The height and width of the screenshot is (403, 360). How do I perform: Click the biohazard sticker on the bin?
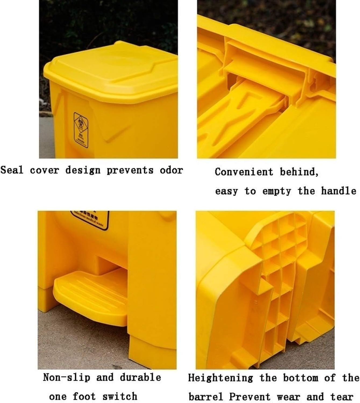point(81,130)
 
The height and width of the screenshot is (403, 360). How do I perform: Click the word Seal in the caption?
point(12,170)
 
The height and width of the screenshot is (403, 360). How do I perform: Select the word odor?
point(171,170)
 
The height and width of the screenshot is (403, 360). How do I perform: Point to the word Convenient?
point(244,172)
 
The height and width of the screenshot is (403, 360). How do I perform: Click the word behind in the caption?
point(299,172)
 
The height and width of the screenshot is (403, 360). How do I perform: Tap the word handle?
point(338,191)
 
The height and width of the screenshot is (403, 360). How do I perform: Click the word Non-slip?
point(66,377)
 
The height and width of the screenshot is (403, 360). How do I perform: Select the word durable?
point(140,377)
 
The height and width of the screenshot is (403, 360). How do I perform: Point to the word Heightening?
point(220,378)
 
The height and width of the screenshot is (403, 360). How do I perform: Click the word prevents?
point(130,170)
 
